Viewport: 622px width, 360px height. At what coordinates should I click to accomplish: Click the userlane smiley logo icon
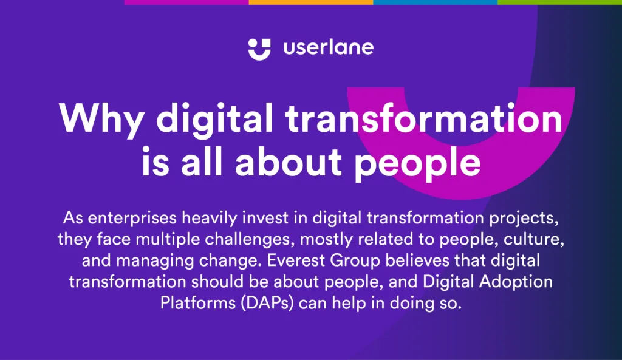[259, 50]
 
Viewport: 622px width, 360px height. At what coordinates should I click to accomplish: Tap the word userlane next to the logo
[329, 47]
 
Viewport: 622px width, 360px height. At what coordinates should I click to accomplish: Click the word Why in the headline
[101, 119]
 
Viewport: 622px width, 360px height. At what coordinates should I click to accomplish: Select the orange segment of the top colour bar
[310, 2]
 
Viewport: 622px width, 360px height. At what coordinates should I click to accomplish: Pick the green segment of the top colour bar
[559, 2]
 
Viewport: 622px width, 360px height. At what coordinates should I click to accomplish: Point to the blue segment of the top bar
[435, 2]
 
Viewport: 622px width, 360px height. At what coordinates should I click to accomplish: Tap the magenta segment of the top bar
[186, 2]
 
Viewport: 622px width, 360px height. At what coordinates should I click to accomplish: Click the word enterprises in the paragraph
[132, 218]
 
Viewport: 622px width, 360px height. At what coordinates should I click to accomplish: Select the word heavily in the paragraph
[209, 218]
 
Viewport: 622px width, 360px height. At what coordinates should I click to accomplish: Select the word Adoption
[516, 282]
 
